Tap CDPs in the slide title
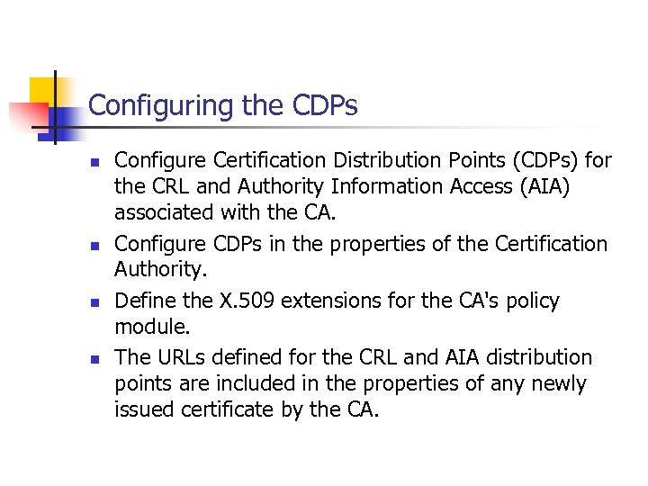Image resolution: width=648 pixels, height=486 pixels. pos(326,106)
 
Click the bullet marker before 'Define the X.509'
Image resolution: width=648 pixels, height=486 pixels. pos(93,302)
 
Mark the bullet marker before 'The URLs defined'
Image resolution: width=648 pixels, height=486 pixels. pos(93,359)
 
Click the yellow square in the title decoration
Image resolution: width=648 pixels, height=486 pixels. pos(43,91)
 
